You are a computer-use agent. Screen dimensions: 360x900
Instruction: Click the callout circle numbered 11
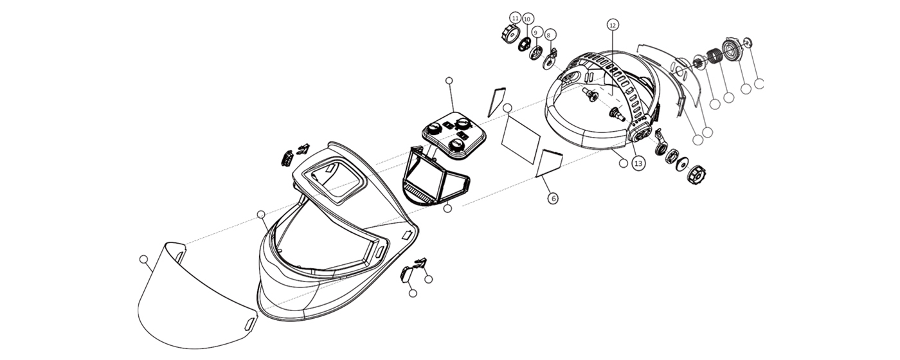(516, 17)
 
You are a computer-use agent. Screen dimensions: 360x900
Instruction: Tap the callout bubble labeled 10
(527, 19)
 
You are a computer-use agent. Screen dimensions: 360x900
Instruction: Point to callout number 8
(551, 35)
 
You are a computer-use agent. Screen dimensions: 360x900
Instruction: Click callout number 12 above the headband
(613, 24)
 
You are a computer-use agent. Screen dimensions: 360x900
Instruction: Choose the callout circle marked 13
(638, 164)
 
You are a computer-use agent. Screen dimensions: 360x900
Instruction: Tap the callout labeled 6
(553, 199)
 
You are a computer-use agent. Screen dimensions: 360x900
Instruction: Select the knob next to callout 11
(508, 34)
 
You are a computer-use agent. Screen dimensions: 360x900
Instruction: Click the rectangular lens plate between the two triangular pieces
(522, 138)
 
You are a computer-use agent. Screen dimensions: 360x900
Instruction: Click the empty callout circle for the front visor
(143, 259)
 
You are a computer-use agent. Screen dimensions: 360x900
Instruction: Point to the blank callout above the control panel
(449, 80)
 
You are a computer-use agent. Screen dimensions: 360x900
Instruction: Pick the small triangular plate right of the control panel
(496, 102)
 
